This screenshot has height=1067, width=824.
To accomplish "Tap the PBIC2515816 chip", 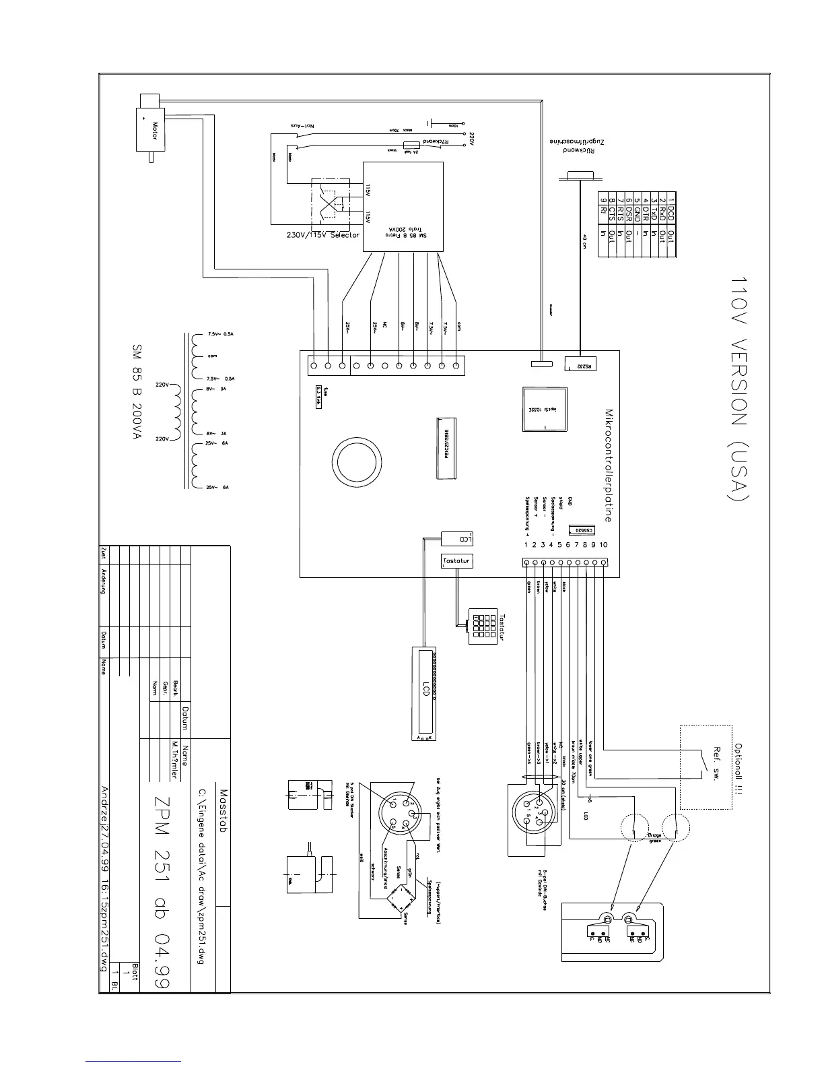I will point(445,448).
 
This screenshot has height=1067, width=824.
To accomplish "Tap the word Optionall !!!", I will point(738,767).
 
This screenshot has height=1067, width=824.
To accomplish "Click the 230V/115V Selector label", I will point(319,235).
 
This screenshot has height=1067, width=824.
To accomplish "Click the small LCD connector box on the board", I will point(458,538).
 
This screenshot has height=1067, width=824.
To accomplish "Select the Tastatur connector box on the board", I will point(457,560).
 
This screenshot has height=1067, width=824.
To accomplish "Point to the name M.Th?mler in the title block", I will point(175,761).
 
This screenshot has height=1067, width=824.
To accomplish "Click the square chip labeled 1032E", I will point(545,409).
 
